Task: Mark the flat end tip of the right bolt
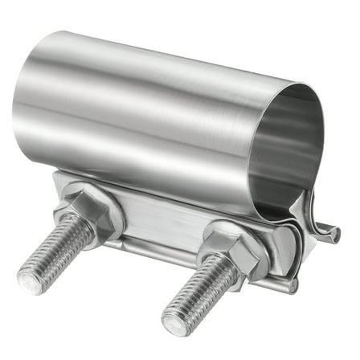pos(176,321)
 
